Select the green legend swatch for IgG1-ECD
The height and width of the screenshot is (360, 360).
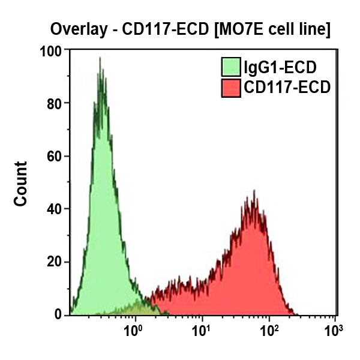coord(231,67)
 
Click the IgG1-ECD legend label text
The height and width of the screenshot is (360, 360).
coord(280,67)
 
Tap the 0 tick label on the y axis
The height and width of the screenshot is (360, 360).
coord(58,314)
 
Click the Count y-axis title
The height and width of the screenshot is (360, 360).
coord(21,184)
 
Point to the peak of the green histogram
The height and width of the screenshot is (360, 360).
coord(100,58)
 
